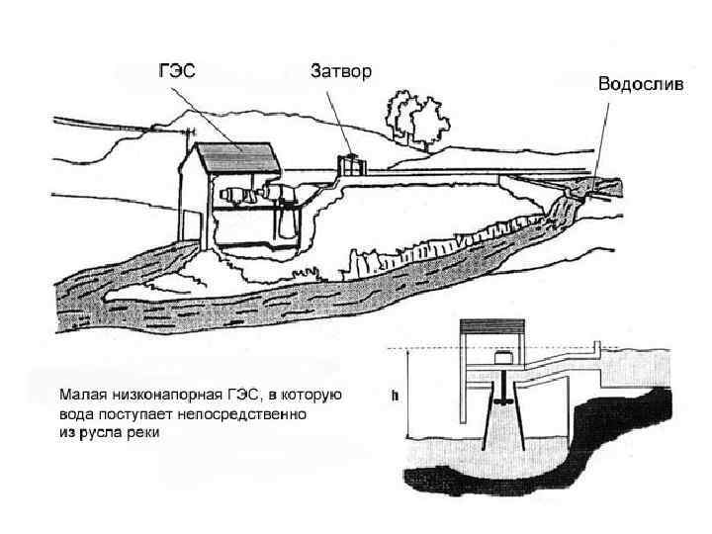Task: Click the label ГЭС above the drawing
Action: point(178,71)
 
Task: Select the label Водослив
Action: point(639,84)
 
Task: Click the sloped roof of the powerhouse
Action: point(237,157)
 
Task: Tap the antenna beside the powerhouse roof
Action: point(188,132)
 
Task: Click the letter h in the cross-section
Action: point(396,396)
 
